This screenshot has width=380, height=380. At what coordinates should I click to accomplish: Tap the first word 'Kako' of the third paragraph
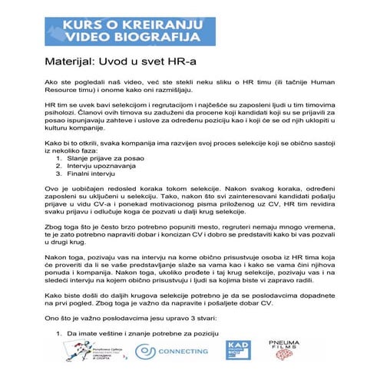point(53,144)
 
